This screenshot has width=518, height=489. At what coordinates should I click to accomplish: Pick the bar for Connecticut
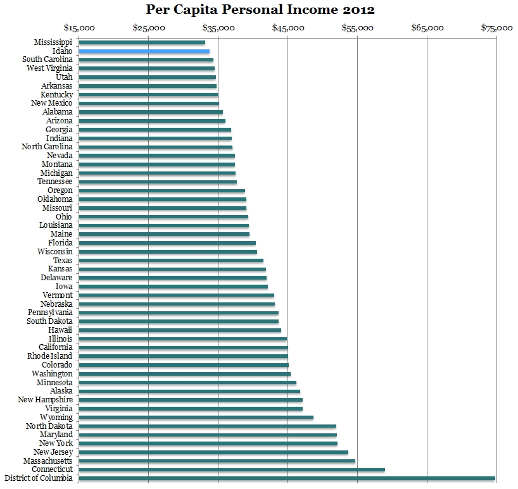point(232,470)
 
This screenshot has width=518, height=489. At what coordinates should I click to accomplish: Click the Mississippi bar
point(142,42)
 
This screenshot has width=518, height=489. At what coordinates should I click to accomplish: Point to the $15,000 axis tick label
point(79,28)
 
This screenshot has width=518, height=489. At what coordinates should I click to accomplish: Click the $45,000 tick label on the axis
point(288,28)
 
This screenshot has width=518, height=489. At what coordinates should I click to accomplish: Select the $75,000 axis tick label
point(496,28)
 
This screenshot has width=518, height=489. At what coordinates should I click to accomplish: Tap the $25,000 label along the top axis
point(149,28)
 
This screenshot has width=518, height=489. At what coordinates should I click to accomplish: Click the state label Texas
point(63,260)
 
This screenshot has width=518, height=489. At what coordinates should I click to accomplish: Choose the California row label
point(56,347)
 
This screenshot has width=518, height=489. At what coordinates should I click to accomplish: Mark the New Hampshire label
point(45,400)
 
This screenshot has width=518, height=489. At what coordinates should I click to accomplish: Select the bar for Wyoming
point(196,418)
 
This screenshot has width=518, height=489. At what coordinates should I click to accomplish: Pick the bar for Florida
point(167,243)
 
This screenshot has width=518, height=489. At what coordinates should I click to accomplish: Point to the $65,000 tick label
point(427,28)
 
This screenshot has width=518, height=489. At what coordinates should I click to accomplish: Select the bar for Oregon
point(162,190)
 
